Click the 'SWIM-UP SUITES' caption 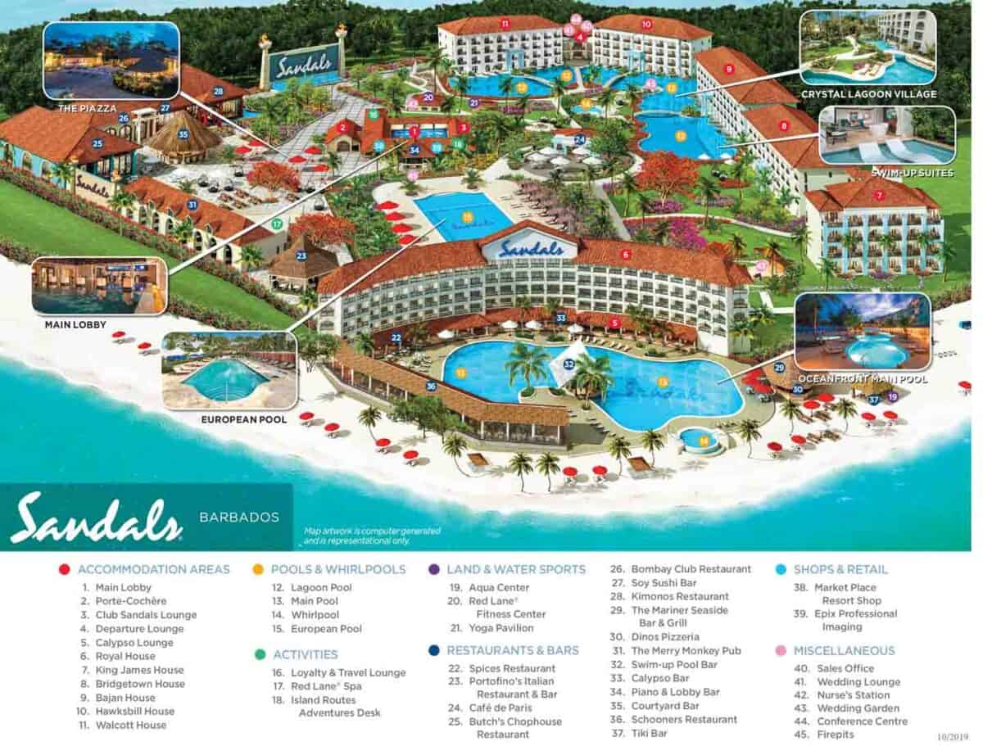(x=902, y=173)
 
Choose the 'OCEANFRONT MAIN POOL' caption (x=863, y=379)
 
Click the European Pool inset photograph (x=229, y=370)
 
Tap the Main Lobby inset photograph (x=98, y=287)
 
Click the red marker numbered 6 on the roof (x=626, y=255)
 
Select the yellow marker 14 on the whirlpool (x=703, y=441)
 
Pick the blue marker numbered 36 (x=431, y=387)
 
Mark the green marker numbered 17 (x=277, y=223)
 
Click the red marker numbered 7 (x=879, y=195)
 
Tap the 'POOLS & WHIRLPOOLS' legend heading (x=339, y=569)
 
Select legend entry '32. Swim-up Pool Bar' (x=674, y=664)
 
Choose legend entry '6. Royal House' (x=125, y=656)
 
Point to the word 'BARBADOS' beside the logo (x=239, y=517)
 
